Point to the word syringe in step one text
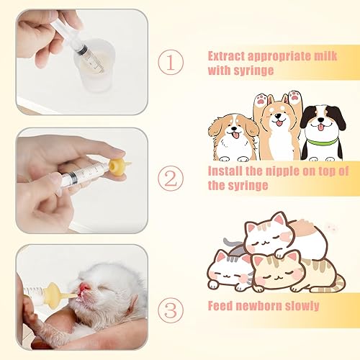(258, 71)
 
